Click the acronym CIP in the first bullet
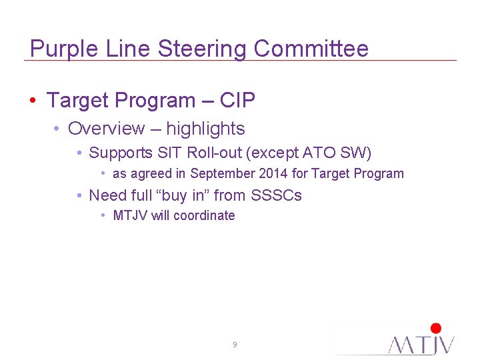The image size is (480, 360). pyautogui.click(x=237, y=101)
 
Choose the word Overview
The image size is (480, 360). pyautogui.click(x=106, y=129)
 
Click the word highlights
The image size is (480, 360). pyautogui.click(x=205, y=129)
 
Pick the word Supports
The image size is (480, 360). pyautogui.click(x=121, y=153)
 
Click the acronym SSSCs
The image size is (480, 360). pyautogui.click(x=276, y=195)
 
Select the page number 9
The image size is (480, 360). pyautogui.click(x=235, y=345)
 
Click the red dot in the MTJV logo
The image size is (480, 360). pyautogui.click(x=436, y=328)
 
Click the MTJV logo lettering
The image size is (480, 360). pyautogui.click(x=421, y=344)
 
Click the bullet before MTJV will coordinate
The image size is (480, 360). pyautogui.click(x=104, y=215)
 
